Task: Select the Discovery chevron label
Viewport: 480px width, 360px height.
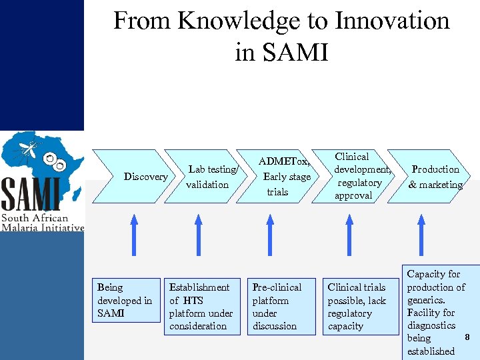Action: pos(146,177)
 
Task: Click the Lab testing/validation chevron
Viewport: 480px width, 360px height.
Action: pos(209,177)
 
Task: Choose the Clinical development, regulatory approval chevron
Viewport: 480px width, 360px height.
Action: pos(360,176)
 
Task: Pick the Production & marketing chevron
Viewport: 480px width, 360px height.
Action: pos(435,177)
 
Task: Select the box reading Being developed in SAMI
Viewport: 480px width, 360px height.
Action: pos(125,300)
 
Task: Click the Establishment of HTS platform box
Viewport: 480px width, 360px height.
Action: pos(201,306)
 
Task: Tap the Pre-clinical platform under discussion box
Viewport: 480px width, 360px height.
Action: pos(277,306)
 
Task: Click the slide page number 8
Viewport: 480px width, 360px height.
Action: pos(467,337)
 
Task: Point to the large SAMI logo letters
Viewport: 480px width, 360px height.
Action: pos(31,195)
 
